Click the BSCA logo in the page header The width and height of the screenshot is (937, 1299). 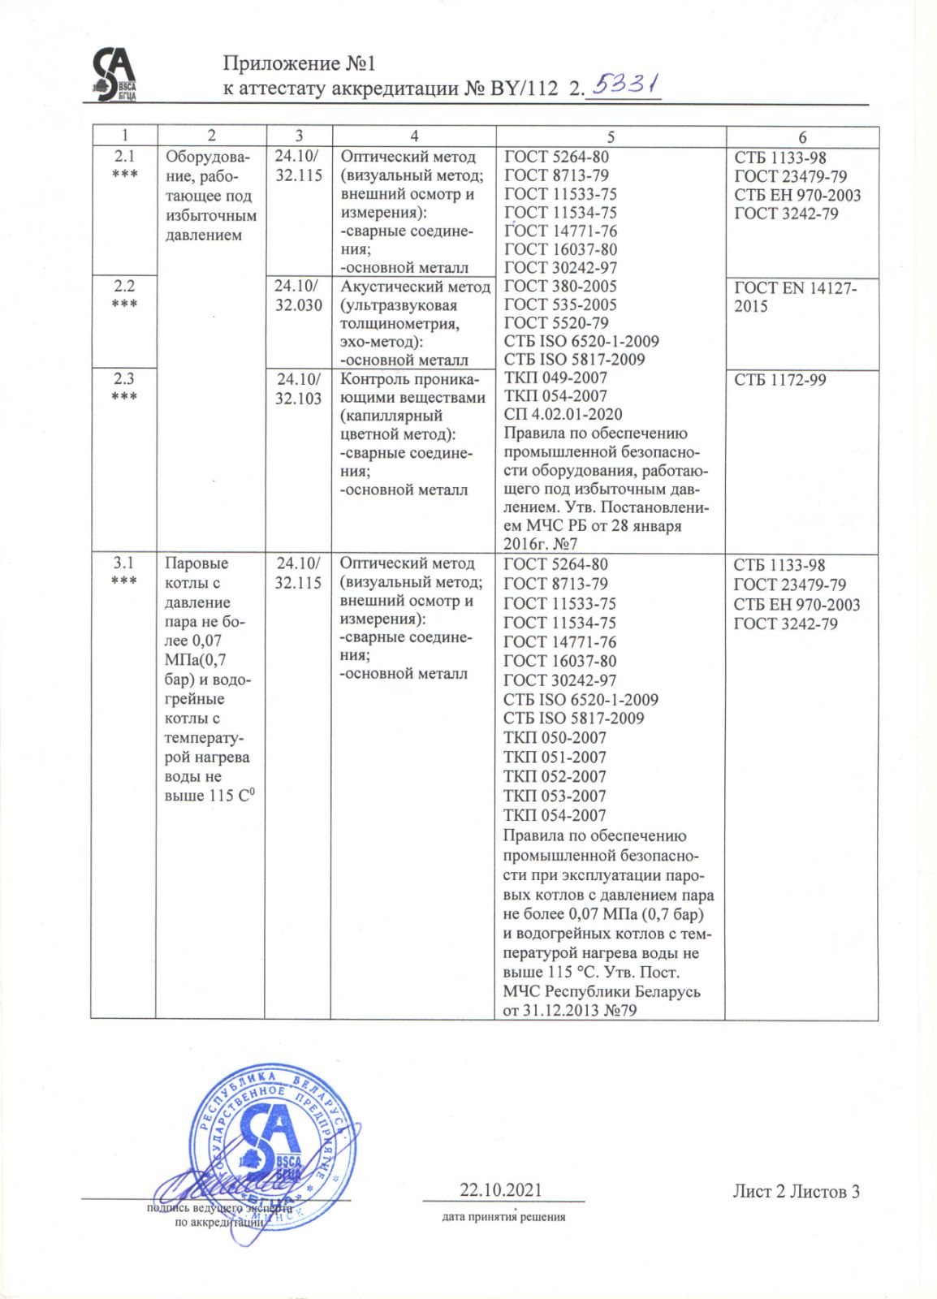tap(113, 74)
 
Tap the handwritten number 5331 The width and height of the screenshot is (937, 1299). tap(626, 84)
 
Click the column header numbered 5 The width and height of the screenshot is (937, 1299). tap(611, 136)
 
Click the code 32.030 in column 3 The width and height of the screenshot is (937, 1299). tap(298, 305)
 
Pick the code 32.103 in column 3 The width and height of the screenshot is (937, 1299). tap(298, 398)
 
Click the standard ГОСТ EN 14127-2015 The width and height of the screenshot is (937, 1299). tap(795, 296)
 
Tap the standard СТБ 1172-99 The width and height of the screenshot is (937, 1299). tap(779, 379)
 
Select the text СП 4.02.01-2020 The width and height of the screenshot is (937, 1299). tap(563, 414)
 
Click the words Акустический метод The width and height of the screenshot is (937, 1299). tap(415, 287)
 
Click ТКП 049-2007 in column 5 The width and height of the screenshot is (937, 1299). tap(555, 378)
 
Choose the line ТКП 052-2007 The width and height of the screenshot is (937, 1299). tap(555, 776)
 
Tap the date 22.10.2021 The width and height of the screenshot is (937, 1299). tap(501, 1190)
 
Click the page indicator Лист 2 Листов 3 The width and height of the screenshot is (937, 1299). tap(796, 1191)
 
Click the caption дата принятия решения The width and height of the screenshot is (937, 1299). tap(503, 1216)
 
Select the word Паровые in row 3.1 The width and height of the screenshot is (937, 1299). tap(196, 563)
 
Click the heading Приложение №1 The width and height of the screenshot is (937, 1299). tap(299, 63)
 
